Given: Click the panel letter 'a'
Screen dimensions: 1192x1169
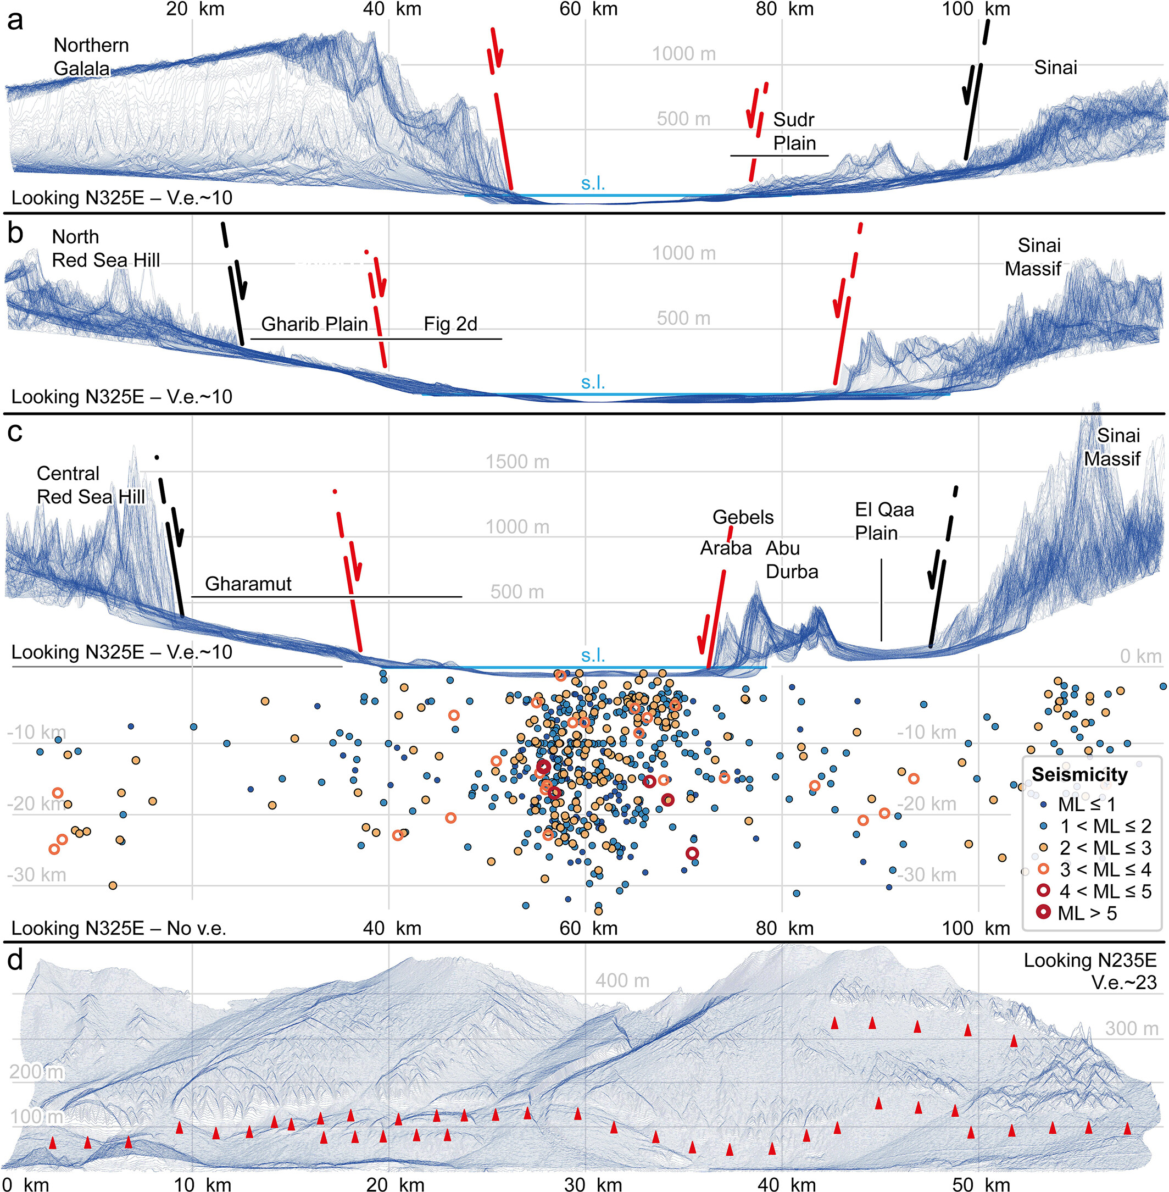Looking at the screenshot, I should (15, 21).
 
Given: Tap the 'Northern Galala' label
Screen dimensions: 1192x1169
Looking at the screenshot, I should (90, 57).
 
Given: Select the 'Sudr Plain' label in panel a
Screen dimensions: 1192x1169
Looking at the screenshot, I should (794, 131).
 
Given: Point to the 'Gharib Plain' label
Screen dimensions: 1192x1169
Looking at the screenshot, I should (314, 324).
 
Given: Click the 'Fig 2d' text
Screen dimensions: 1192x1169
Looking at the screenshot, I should (450, 324).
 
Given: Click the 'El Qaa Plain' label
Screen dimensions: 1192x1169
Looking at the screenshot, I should (884, 521).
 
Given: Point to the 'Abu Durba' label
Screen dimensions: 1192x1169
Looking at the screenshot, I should (791, 559).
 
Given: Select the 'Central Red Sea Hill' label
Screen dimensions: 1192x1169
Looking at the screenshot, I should (90, 485).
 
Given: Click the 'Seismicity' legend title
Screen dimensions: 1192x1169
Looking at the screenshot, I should (1079, 774).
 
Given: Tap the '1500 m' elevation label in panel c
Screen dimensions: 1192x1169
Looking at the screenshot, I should (517, 461).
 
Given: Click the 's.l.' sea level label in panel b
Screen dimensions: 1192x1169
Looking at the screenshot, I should (593, 382).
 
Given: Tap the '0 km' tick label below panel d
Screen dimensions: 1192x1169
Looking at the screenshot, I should (25, 1184).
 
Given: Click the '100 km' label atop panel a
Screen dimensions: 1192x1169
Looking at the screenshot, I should (976, 9).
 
